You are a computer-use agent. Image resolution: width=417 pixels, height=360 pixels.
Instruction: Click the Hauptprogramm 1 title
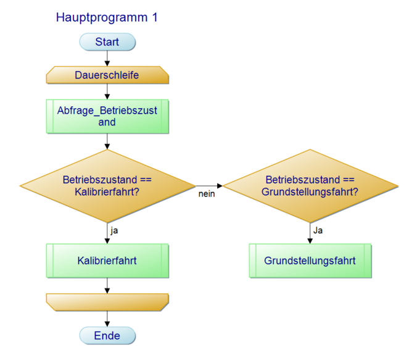tap(107, 18)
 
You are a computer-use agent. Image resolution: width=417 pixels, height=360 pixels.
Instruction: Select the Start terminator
tap(107, 42)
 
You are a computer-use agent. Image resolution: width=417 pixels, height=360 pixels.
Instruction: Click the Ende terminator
tap(107, 336)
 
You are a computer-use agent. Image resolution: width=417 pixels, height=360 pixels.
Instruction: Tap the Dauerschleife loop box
tap(107, 75)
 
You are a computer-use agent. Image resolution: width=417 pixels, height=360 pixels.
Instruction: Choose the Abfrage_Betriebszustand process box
tap(107, 116)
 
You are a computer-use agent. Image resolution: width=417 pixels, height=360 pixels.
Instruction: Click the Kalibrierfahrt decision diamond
tap(107, 186)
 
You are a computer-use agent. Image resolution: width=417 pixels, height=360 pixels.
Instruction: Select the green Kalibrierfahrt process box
tap(107, 261)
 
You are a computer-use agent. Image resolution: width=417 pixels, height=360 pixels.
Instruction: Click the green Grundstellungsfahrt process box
tap(310, 261)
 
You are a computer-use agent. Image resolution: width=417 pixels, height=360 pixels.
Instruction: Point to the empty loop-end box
tap(107, 301)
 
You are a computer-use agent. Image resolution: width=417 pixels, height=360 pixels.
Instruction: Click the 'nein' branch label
tap(207, 195)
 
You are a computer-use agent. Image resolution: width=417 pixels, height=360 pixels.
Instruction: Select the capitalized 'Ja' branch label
tap(318, 230)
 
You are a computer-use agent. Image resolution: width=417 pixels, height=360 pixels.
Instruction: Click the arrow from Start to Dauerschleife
tap(107, 59)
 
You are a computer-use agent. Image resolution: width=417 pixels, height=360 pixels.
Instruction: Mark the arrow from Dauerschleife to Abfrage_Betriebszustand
tap(107, 91)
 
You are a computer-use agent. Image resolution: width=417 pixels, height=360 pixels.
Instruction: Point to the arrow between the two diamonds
tap(209, 185)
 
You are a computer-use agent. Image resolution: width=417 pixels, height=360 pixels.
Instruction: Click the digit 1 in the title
tap(154, 18)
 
